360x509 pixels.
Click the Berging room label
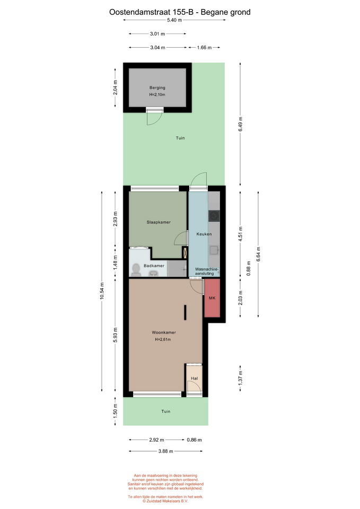pos(157,87)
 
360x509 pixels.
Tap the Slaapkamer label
pos(159,222)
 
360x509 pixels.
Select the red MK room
pos(212,297)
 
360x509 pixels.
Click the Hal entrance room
pos(194,378)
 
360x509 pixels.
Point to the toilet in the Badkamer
pos(136,270)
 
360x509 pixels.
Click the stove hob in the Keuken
pos(214,216)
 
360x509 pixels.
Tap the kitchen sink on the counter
pos(214,250)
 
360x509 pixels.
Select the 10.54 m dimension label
pos(102,291)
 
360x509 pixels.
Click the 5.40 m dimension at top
pos(174,20)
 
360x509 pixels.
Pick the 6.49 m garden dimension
pos(241,124)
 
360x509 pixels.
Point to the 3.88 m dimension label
pos(165,451)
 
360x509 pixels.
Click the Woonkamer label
pos(164,332)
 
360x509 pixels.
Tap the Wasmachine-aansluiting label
pos(207,271)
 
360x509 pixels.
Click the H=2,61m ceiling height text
pos(163,339)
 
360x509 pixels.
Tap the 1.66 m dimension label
pos(204,48)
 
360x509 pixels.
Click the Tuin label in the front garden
pos(166,411)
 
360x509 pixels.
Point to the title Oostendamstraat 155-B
pos(151,12)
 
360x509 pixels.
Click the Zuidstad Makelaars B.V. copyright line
pos(165,501)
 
